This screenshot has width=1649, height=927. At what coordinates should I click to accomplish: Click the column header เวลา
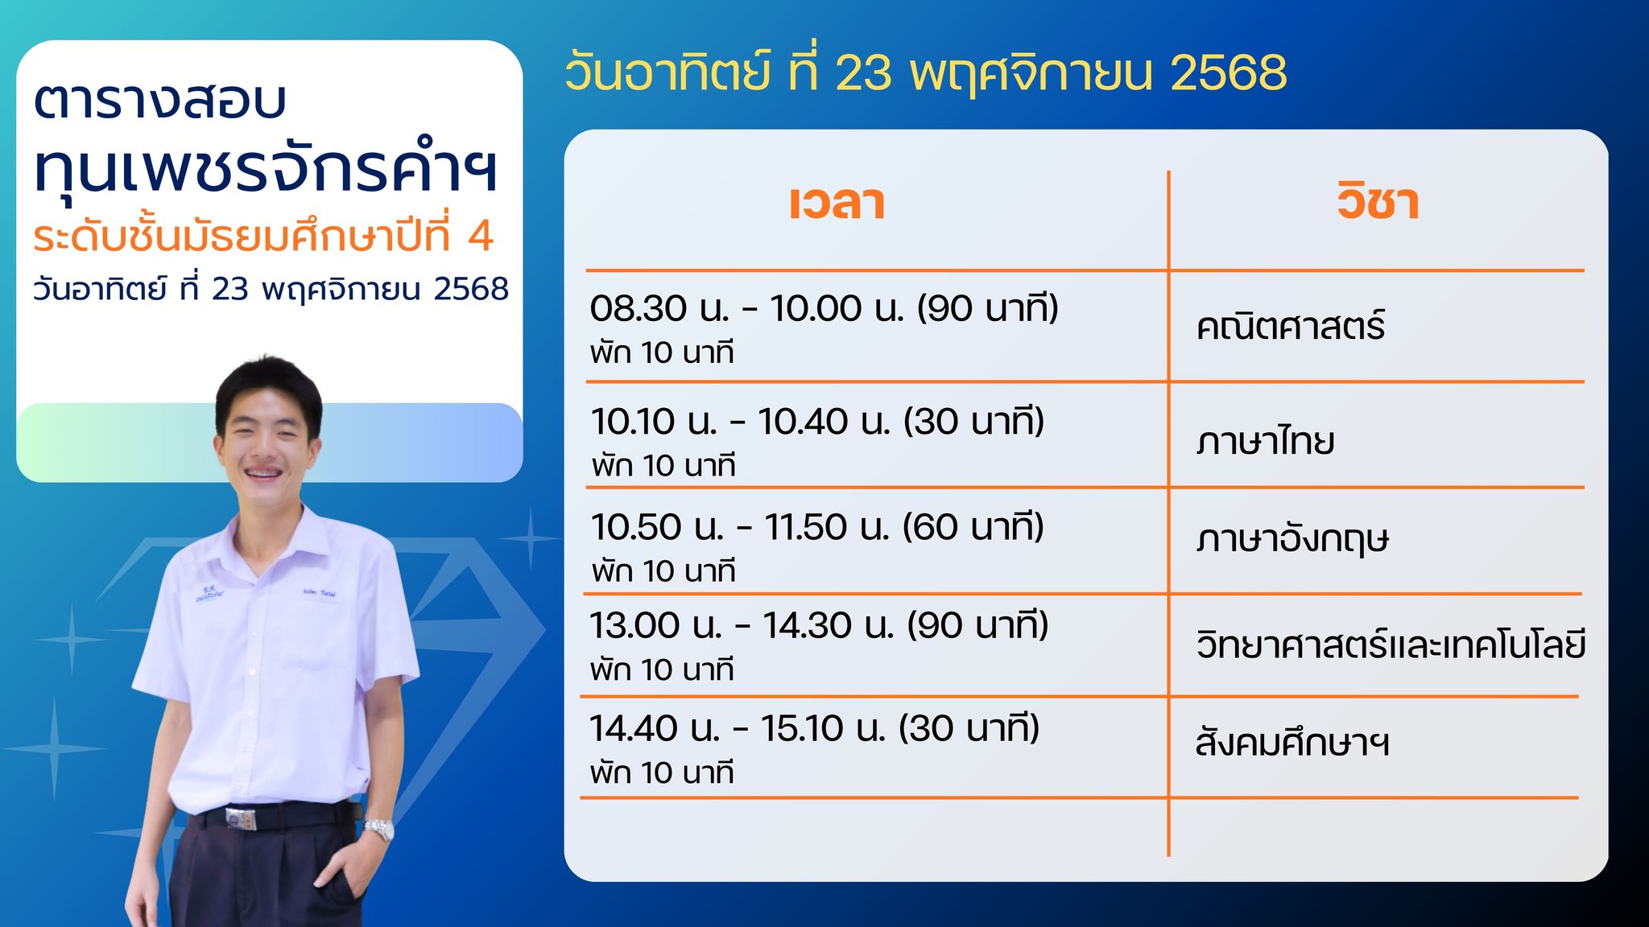coord(837,203)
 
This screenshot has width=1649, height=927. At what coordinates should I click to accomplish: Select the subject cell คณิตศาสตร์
coord(1291,326)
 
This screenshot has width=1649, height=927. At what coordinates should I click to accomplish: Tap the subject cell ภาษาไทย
coord(1265,440)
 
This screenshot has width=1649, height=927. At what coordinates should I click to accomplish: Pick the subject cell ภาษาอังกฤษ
coord(1293,538)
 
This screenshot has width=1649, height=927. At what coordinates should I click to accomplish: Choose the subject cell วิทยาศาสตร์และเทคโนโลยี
coord(1391,645)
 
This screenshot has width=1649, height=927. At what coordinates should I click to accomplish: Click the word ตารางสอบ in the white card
coord(159,101)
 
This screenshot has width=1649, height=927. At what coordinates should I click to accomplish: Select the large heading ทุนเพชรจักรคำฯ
coord(266,170)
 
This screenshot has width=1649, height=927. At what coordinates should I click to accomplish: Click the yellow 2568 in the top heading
coord(1229,72)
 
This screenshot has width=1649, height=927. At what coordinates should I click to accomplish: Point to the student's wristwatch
coord(378,828)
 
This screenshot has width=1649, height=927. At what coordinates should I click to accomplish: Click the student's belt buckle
coord(241,818)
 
